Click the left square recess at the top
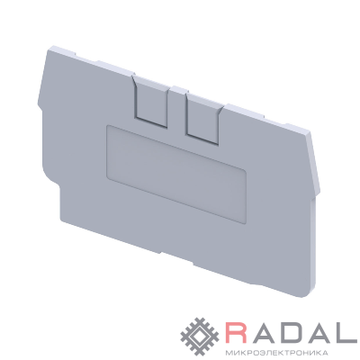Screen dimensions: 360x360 click(x=150, y=102)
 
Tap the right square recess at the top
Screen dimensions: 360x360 click(x=204, y=120)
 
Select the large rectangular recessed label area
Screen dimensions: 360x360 click(x=176, y=174)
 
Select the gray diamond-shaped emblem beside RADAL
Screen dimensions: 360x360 click(x=201, y=337)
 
